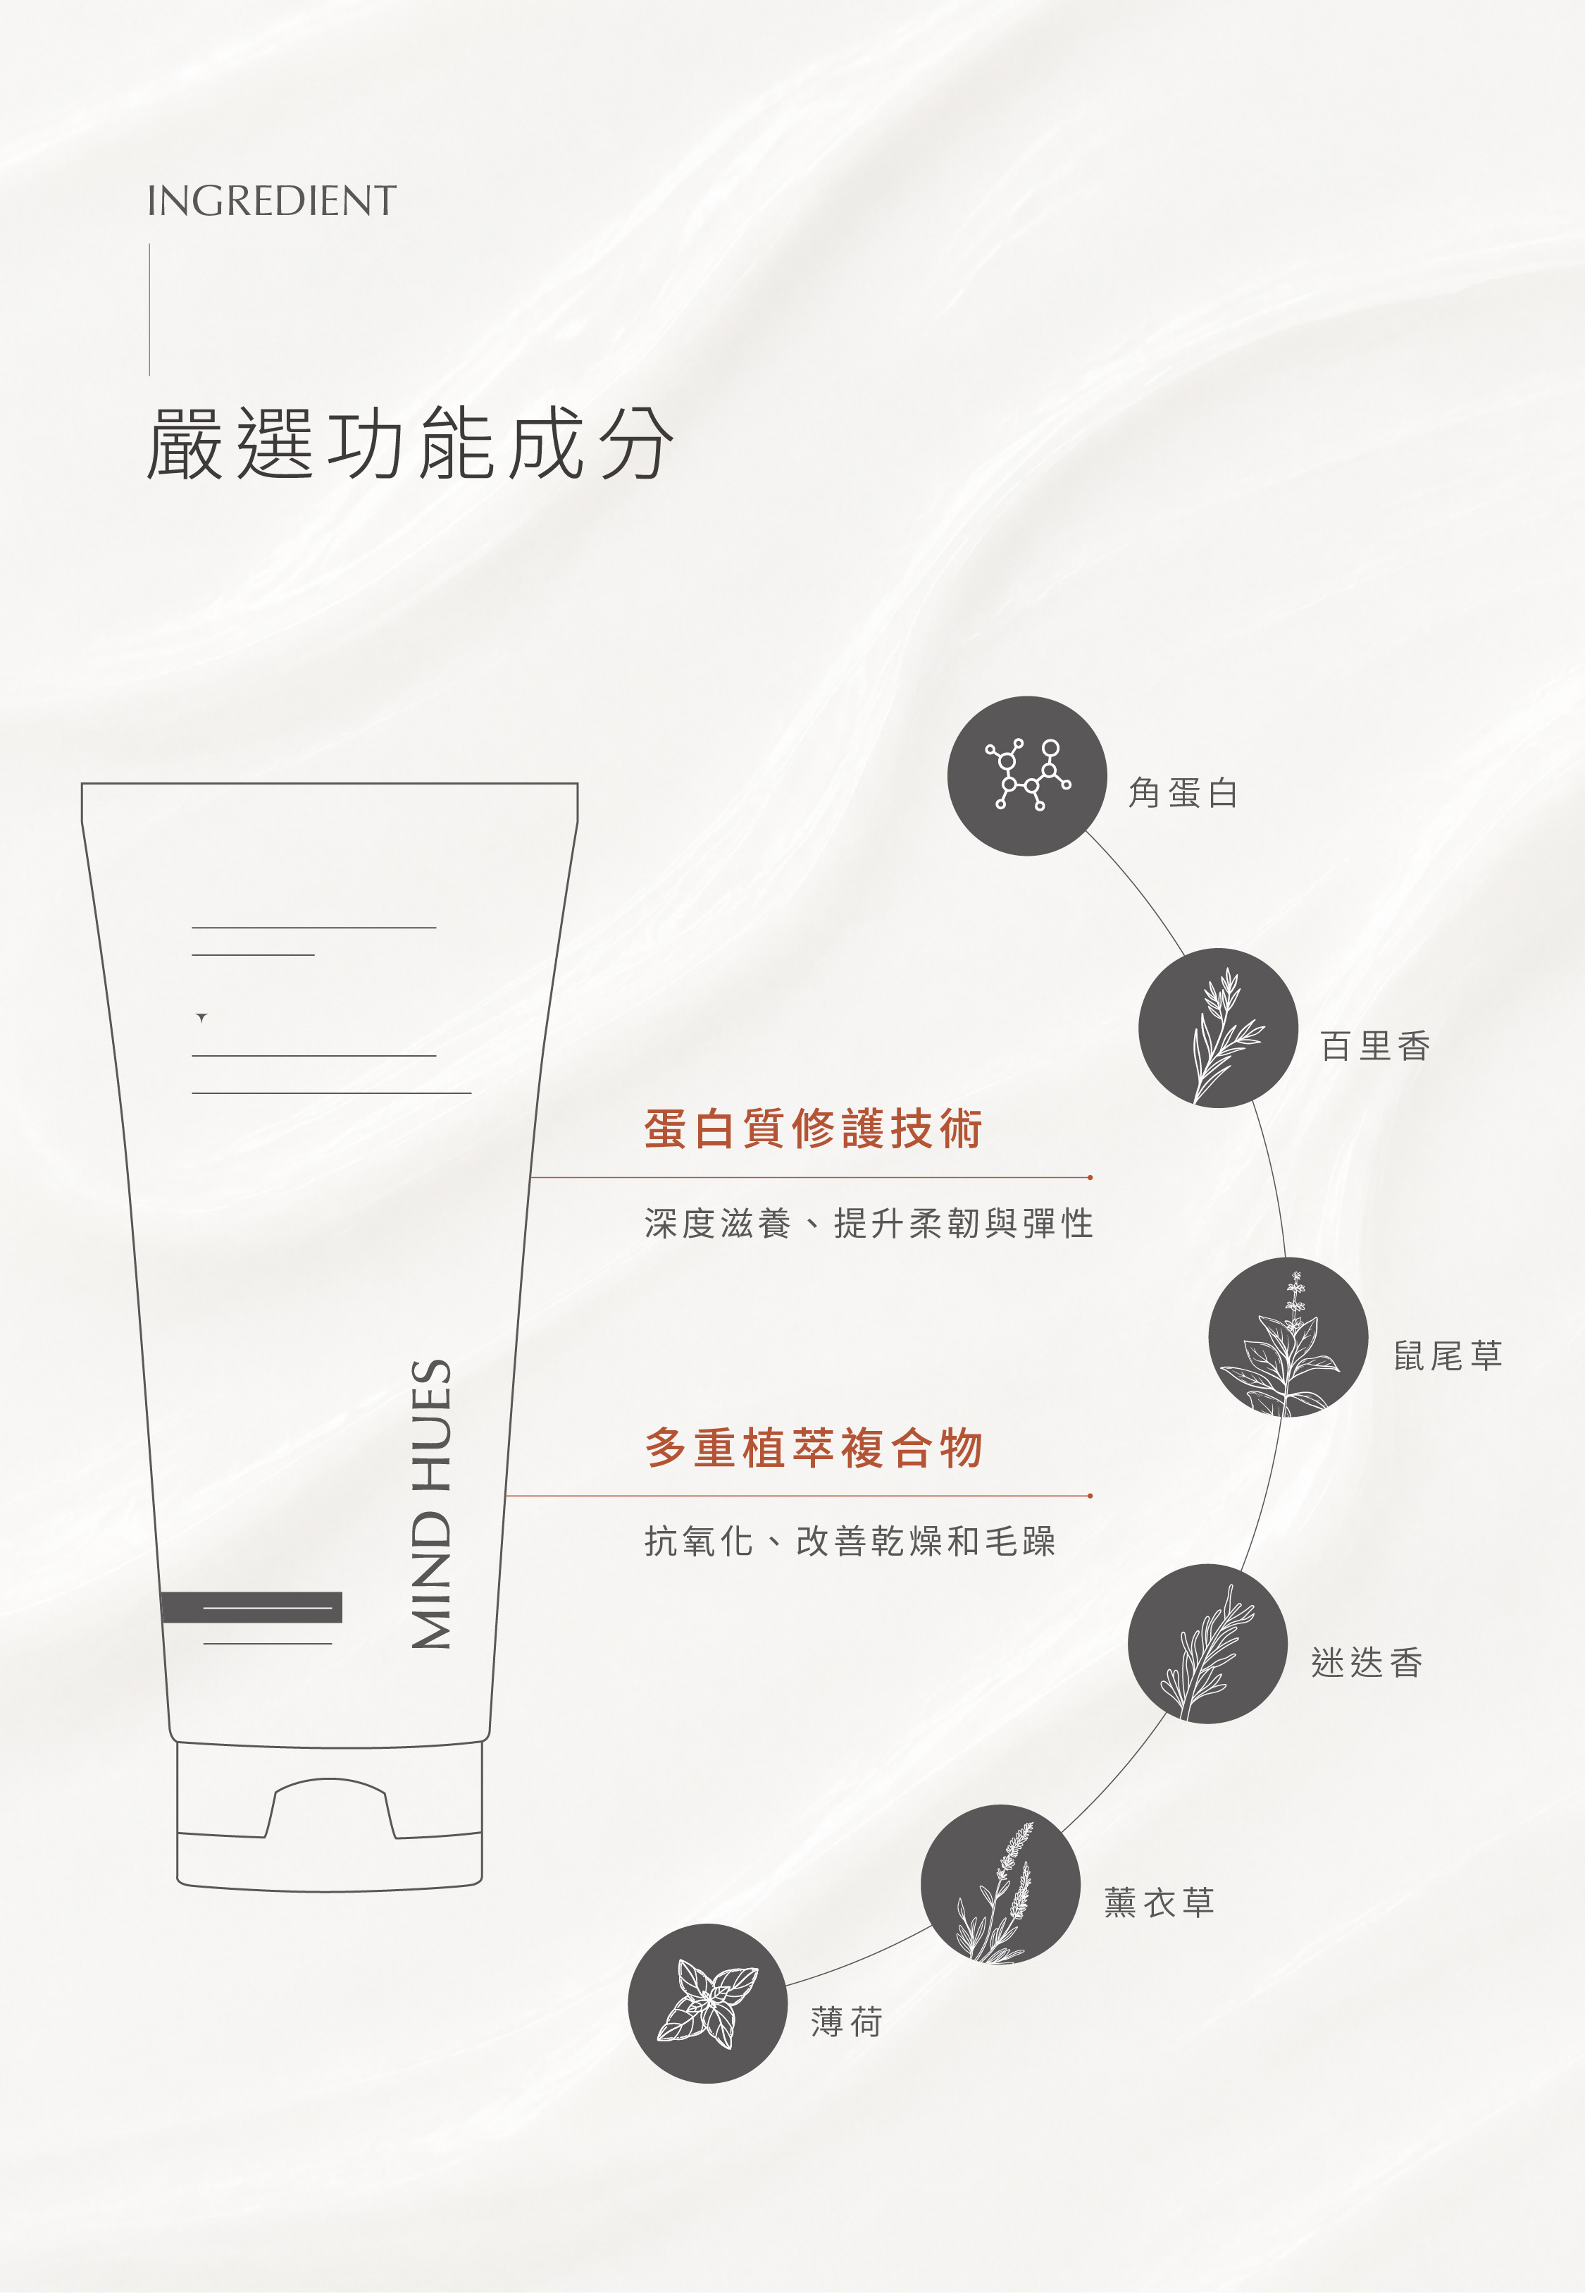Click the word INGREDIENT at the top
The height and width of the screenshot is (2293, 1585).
tap(271, 201)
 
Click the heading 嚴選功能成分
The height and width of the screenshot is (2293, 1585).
tap(410, 444)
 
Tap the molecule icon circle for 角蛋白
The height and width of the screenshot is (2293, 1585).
tap(1027, 776)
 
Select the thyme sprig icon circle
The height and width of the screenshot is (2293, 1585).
tap(1217, 1028)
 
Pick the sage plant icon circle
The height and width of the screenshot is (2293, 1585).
tap(1288, 1337)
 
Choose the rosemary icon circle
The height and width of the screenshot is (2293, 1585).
tap(1207, 1643)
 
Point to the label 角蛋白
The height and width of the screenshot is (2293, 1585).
tap(1183, 793)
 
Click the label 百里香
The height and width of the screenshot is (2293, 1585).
tap(1374, 1045)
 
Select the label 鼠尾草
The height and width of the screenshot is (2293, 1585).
tap(1447, 1355)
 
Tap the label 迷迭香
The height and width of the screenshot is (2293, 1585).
tap(1367, 1662)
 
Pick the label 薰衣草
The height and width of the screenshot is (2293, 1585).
tap(1159, 1902)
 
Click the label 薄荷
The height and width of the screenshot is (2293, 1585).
tap(846, 2022)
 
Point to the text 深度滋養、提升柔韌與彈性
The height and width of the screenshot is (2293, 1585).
tap(868, 1223)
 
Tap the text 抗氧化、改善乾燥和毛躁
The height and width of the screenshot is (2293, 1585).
tap(849, 1541)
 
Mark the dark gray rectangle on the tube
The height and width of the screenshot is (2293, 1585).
tap(251, 1607)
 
